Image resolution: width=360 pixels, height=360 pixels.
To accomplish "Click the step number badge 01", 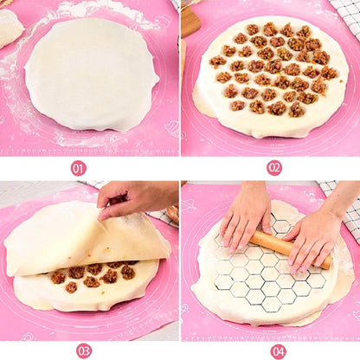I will pos(79,168).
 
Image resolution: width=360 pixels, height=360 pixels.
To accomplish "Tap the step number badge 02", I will pos(274,168).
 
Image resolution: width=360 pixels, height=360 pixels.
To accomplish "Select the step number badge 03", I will pos(83,350).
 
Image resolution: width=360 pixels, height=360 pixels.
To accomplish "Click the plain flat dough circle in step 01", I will pos(92,74).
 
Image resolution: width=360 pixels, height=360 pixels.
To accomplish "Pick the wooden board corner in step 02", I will pos(190,22).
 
